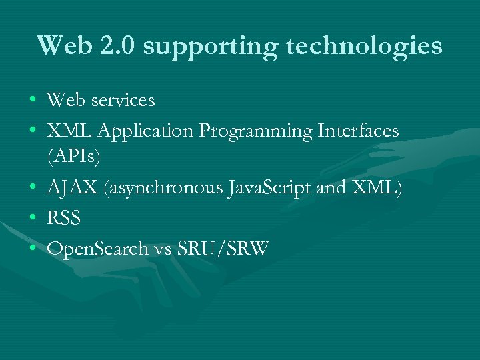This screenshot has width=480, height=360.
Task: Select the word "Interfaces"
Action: [357, 131]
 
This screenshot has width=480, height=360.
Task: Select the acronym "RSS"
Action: [63, 219]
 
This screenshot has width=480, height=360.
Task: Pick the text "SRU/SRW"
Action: [223, 249]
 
